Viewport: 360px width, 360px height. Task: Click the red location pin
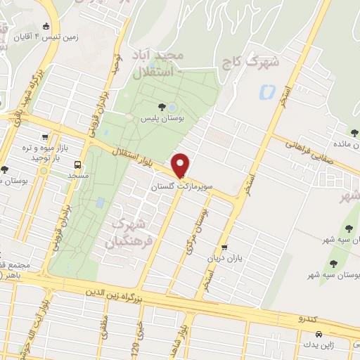click(x=181, y=165)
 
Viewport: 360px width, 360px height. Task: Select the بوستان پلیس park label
click(x=163, y=120)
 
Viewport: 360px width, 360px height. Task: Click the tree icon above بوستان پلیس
click(x=162, y=108)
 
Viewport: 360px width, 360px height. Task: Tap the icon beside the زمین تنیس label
click(x=46, y=26)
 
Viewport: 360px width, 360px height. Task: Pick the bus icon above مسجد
click(x=77, y=163)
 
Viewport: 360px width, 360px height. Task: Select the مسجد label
click(x=77, y=174)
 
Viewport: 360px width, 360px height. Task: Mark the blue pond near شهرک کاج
click(x=267, y=91)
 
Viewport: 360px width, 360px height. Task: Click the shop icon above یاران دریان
click(x=224, y=247)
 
